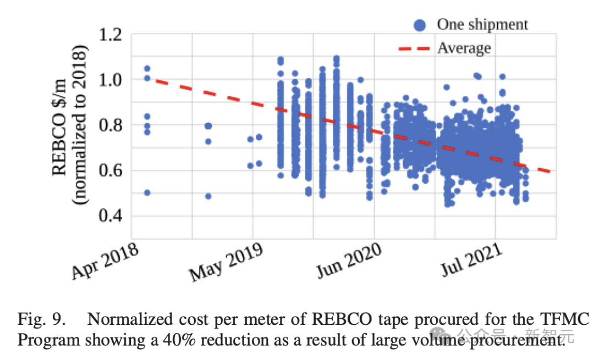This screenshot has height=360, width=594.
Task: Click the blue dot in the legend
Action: (420, 25)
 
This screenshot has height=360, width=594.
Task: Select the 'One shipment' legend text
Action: (482, 25)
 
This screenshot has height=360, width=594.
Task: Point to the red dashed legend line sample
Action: (414, 48)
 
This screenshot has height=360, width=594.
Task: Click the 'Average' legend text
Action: (464, 48)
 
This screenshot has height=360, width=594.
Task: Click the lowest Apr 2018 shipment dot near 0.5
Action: (147, 192)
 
